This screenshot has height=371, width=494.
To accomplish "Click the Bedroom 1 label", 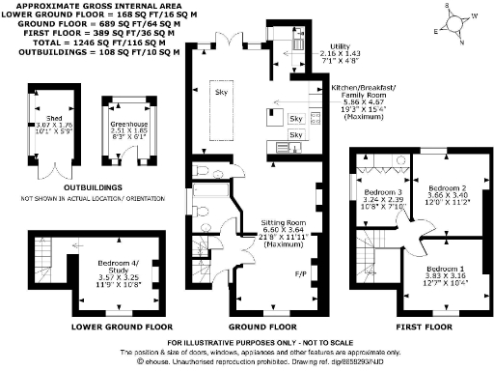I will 445,268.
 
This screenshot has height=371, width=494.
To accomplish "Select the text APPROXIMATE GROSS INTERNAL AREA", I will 96,5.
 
